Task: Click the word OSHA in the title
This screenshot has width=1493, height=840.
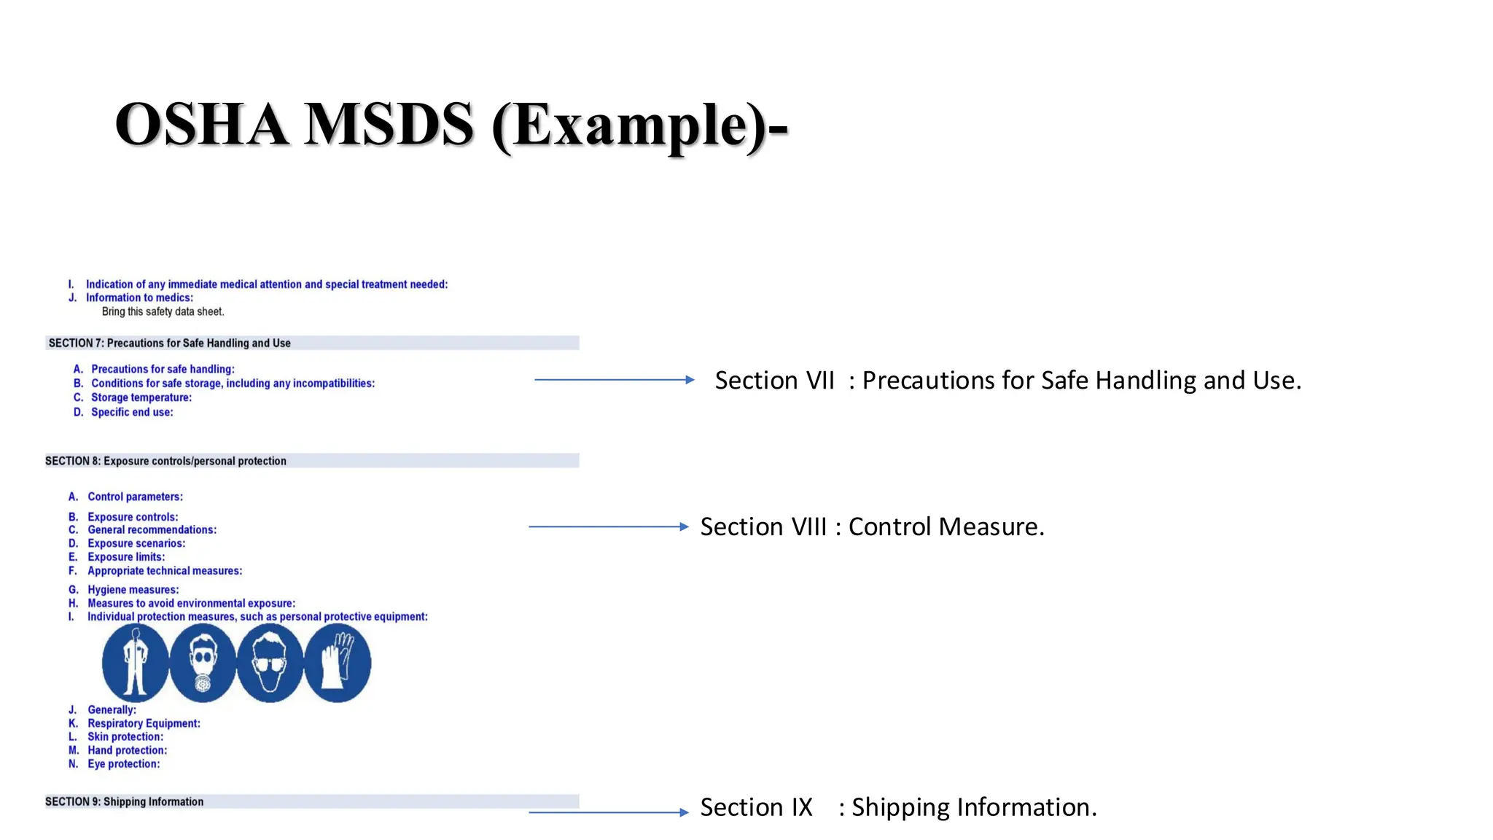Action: pos(201,125)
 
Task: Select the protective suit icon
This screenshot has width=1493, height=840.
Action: pos(135,663)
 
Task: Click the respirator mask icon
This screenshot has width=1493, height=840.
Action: pos(203,663)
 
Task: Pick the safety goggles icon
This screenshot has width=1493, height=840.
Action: pos(270,663)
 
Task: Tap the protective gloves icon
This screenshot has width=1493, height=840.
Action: pos(338,663)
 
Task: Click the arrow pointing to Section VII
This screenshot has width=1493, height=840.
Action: pos(614,379)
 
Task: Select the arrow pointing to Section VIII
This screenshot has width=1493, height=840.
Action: pos(608,526)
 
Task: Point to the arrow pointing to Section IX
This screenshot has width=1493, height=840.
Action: pos(608,812)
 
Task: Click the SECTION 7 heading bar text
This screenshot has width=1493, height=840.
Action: pos(169,343)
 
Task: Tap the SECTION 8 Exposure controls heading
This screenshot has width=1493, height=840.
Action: pos(165,461)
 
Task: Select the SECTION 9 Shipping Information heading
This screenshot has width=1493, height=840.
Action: pos(124,801)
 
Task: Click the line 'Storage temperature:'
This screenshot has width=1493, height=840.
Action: pos(141,397)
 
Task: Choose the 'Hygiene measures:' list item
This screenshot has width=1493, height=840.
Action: pos(133,589)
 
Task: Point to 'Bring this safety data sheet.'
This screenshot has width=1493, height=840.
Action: pos(163,311)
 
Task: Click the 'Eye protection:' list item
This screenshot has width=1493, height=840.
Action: pos(123,763)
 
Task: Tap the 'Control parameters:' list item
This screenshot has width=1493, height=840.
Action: pos(135,497)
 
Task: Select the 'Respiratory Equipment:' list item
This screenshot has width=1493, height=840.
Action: pos(144,723)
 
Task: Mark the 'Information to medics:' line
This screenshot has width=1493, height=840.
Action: pos(139,297)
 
